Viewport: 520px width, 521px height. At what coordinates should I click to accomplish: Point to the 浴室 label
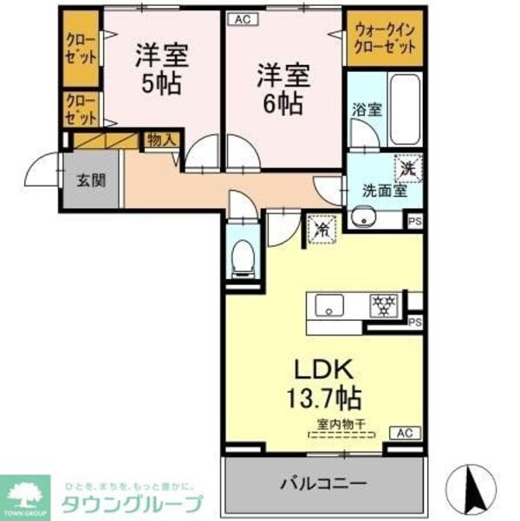pos(366,110)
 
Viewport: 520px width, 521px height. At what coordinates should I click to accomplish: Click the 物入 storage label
pos(161,139)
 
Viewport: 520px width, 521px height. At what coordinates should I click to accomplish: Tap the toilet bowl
pos(243,256)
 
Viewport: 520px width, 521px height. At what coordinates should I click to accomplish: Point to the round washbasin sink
pos(361,218)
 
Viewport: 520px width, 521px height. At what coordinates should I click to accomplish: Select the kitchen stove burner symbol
pos(381,305)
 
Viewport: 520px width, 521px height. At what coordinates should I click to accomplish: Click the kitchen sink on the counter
pos(329,305)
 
